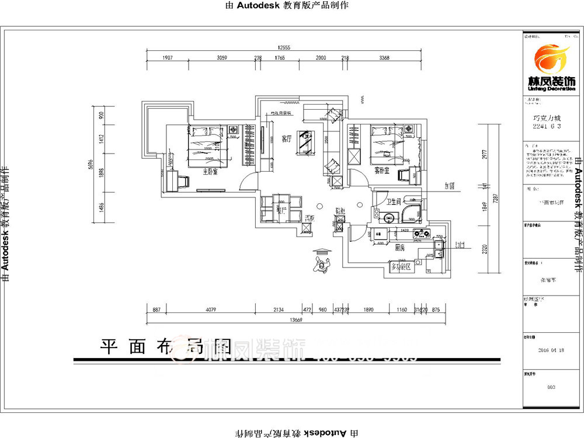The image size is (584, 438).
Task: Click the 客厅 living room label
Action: coord(286,139)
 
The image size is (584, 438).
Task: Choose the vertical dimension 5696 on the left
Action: coord(92,165)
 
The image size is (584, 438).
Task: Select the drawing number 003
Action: coord(551,387)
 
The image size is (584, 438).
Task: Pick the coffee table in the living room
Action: coord(305,141)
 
